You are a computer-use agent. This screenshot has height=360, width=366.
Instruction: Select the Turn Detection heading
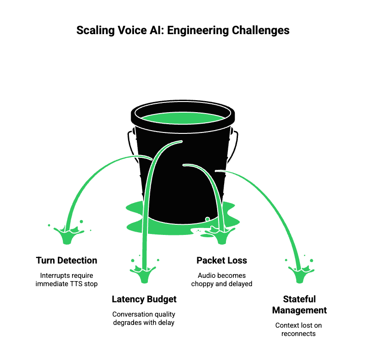click(67, 260)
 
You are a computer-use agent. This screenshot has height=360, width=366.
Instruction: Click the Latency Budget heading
click(144, 300)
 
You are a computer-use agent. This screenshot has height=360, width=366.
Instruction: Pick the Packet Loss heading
click(222, 260)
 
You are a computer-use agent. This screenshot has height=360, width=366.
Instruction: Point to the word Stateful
click(299, 299)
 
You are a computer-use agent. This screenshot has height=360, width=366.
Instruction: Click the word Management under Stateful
click(299, 310)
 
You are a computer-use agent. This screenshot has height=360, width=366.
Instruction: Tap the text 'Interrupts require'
click(67, 276)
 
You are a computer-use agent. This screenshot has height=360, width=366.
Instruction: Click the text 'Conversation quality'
click(144, 314)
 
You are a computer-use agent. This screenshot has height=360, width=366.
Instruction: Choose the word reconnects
click(299, 334)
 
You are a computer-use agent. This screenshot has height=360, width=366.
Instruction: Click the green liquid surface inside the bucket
click(183, 118)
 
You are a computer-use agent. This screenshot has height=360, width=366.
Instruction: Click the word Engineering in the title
click(197, 30)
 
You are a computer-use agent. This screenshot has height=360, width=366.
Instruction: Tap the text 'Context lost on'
click(299, 325)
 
